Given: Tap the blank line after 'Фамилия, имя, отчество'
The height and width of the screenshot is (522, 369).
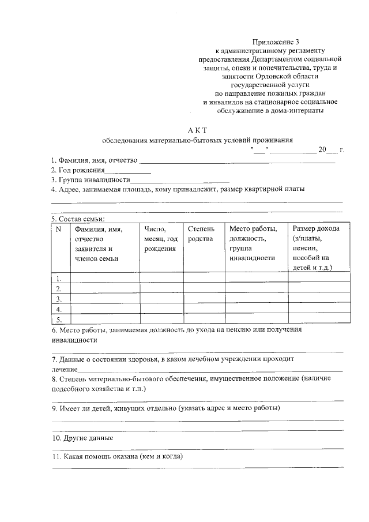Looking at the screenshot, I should point(237,162).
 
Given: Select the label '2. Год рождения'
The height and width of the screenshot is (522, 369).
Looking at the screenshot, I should point(77,170).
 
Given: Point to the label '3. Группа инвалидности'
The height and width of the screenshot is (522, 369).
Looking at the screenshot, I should point(90,180).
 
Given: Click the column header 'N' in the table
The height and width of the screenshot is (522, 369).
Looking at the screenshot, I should point(58,229).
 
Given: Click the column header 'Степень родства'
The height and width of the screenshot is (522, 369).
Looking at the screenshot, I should point(200,234).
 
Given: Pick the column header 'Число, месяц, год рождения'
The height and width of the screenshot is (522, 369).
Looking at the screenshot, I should point(160,238).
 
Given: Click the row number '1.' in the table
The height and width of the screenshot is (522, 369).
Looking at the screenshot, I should point(58,277).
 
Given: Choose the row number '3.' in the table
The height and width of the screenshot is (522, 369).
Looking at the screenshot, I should point(58,298).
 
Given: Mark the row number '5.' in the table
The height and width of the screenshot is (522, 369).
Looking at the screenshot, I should point(58,319).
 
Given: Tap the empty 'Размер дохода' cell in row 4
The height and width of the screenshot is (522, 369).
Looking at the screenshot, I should point(319,309).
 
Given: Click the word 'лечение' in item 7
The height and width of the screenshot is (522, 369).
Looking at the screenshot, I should point(64,368).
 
